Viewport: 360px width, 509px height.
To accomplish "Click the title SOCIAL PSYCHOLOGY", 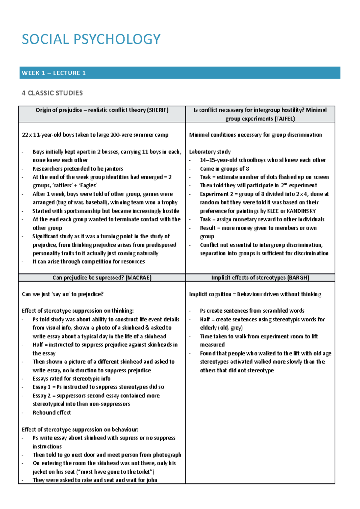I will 91,39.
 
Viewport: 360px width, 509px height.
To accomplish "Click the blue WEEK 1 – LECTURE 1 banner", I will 180,73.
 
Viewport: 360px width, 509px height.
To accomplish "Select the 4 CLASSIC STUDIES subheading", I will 52,93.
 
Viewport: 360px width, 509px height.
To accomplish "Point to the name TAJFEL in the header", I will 285,119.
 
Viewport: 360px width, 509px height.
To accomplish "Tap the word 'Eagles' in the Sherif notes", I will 88,186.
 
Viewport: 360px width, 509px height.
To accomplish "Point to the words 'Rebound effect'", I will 52,412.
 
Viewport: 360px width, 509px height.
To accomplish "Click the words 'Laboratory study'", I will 210,152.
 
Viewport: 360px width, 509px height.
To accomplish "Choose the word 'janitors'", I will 114,169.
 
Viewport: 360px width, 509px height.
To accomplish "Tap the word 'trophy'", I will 169,202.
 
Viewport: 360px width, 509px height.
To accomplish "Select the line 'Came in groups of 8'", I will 224,169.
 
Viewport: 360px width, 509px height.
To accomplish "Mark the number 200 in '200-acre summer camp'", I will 115,135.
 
